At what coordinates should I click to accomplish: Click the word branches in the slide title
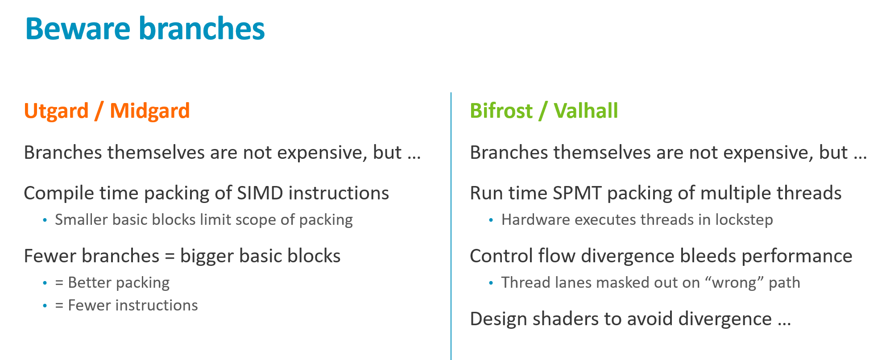tap(202, 28)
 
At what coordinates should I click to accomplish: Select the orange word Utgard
tap(56, 111)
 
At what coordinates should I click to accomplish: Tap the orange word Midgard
tap(150, 111)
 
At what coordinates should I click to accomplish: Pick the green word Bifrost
tap(501, 111)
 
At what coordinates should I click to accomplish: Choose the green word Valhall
tap(586, 111)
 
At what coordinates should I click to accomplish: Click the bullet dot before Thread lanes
tap(491, 283)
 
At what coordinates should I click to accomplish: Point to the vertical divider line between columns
tap(451, 226)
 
